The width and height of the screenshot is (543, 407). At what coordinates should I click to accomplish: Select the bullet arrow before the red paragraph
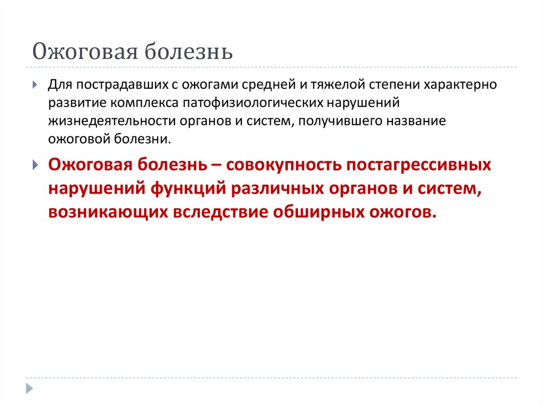35,164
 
